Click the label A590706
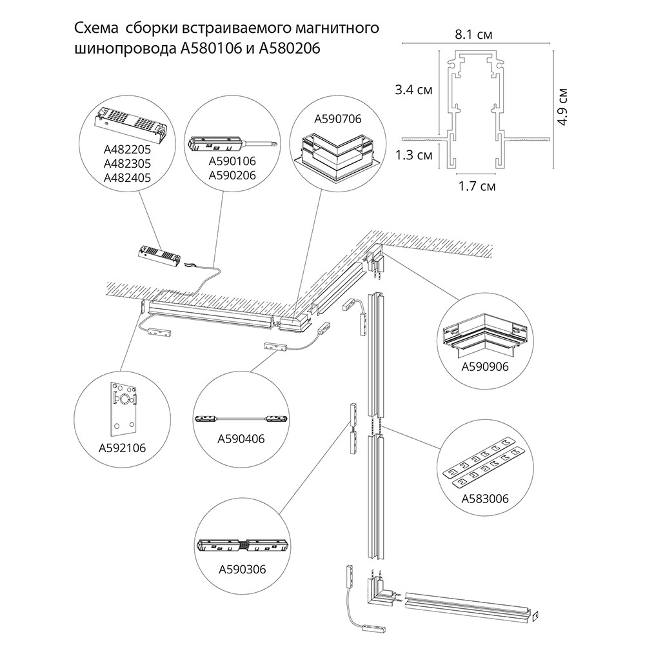coord(337,119)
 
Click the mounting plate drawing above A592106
coord(121,409)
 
